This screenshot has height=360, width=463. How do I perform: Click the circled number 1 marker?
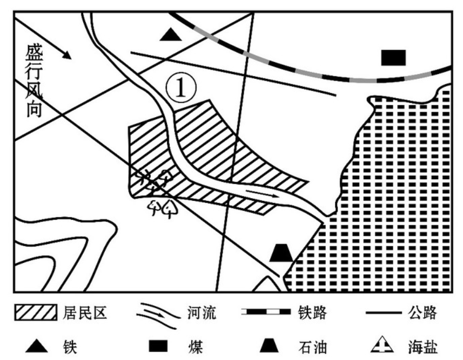[181, 88]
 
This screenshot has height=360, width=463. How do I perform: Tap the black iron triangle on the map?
[171, 35]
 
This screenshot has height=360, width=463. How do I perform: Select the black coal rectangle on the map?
[393, 58]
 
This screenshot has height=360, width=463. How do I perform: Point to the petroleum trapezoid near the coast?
[281, 253]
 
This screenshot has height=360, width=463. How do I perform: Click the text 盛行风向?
[34, 81]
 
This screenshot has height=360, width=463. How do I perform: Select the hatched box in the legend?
[36, 313]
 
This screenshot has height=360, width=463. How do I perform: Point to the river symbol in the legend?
[159, 315]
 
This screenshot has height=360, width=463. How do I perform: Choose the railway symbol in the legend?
[266, 312]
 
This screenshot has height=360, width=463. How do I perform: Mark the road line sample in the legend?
[384, 312]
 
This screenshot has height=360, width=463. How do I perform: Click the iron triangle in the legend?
[37, 347]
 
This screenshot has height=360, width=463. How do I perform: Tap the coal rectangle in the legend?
[158, 347]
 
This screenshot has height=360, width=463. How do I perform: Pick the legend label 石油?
[312, 347]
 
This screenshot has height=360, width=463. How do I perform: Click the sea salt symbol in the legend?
[382, 345]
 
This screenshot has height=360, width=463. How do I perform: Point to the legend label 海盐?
[422, 347]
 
